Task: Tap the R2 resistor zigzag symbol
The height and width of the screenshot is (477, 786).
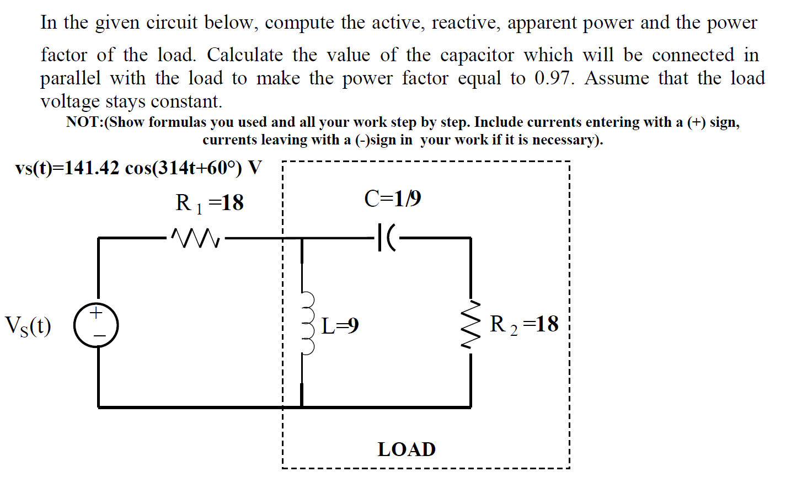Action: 470,325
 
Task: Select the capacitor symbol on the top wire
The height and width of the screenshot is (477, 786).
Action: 387,238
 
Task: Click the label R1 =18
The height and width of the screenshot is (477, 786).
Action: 210,203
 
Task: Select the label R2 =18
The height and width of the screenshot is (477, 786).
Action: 524,324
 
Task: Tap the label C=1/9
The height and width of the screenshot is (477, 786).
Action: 393,199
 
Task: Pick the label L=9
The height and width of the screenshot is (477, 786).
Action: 340,326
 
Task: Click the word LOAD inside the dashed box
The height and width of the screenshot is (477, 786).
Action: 407,449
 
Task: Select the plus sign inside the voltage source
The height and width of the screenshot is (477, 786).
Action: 97,314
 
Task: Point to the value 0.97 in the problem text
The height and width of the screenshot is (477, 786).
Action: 553,78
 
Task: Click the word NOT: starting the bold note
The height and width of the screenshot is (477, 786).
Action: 85,122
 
